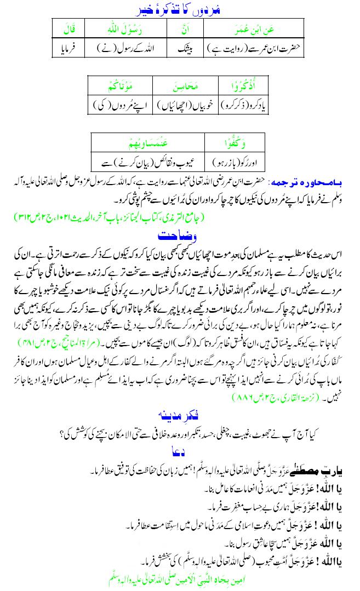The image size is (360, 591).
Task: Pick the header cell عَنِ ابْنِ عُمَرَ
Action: click(x=257, y=27)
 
